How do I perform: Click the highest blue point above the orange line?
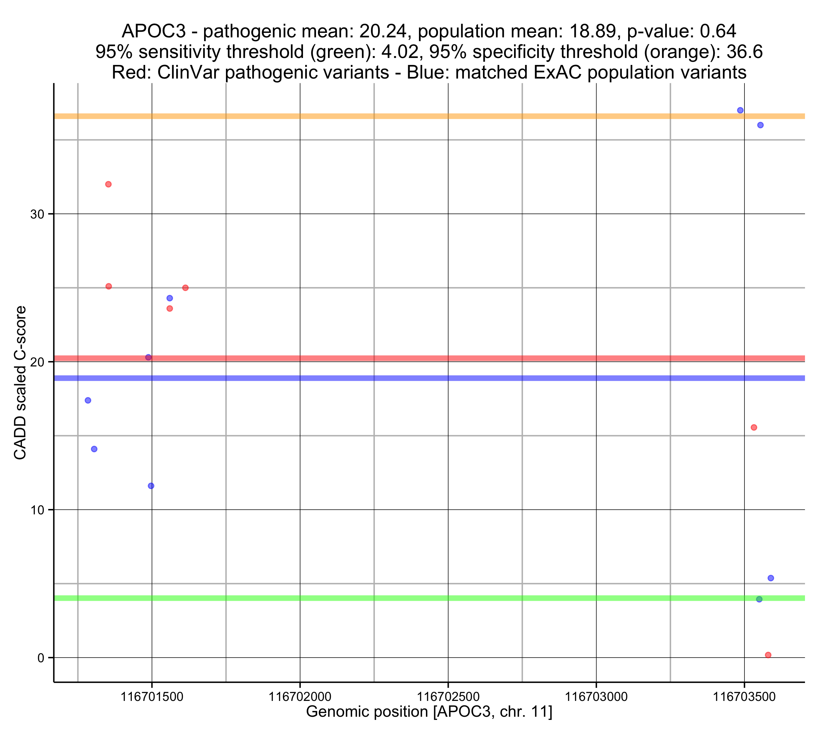[740, 111]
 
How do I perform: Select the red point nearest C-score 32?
[108, 184]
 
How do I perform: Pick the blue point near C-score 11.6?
[151, 486]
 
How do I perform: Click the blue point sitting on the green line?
[759, 599]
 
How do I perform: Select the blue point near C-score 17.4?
[88, 400]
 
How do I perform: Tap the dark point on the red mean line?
[148, 358]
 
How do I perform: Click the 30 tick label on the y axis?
[37, 214]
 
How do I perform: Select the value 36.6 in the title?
[744, 52]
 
